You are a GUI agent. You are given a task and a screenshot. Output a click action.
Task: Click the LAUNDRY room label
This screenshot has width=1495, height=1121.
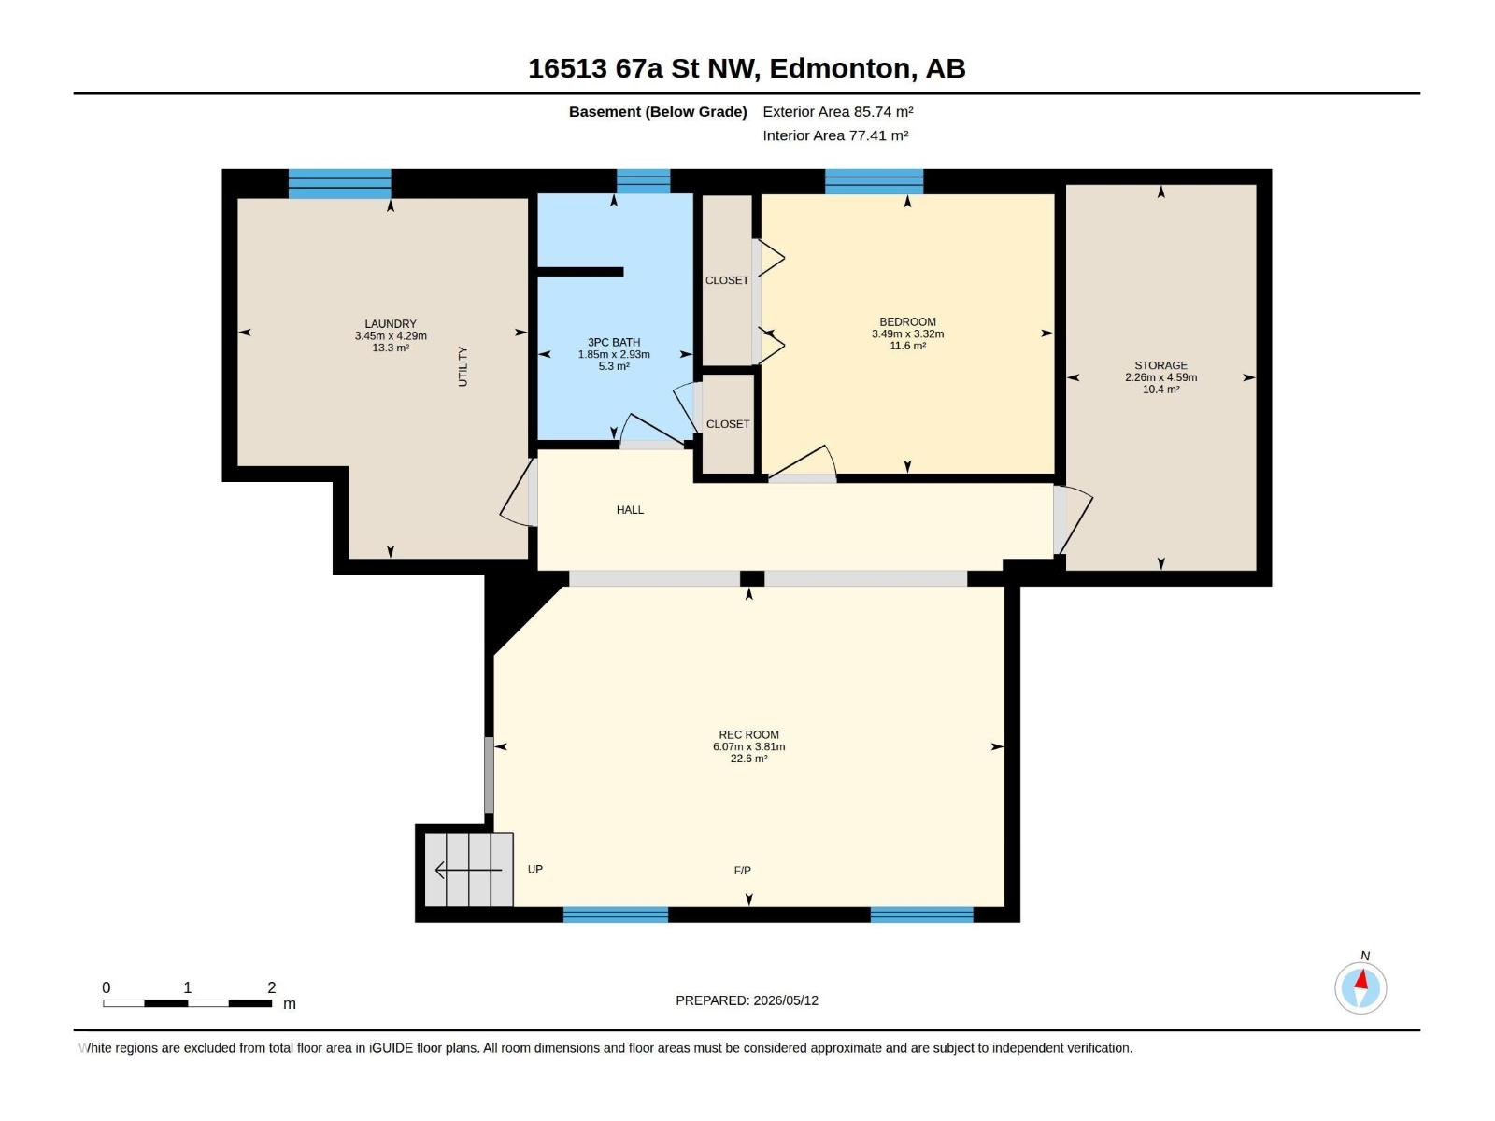[391, 324]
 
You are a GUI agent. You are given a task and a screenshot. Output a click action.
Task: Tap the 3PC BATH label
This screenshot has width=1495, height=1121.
[614, 342]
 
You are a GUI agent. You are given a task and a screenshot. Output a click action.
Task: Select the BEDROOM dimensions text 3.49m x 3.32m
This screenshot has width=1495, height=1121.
[907, 333]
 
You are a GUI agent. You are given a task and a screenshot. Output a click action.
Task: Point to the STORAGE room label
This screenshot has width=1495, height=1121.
[1160, 365]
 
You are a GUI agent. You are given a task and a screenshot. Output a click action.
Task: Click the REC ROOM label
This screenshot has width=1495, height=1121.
[748, 734]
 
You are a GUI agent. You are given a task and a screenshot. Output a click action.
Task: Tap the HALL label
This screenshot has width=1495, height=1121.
[630, 510]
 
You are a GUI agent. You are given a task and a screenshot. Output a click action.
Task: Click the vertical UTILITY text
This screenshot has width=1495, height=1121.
[463, 366]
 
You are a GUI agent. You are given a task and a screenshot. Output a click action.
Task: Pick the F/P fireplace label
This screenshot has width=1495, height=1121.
[743, 870]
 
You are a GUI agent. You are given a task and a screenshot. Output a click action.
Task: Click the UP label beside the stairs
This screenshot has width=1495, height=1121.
[535, 869]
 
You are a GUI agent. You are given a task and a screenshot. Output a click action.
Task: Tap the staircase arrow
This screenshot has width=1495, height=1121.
[469, 870]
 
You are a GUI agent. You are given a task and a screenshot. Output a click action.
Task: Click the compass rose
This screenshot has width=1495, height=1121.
[1360, 987]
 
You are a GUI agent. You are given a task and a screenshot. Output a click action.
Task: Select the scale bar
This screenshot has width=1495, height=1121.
[187, 1003]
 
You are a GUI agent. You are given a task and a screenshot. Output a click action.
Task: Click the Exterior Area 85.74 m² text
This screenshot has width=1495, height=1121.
[838, 111]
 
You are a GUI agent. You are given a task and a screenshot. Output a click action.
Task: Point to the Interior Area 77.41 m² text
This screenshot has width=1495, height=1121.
[835, 135]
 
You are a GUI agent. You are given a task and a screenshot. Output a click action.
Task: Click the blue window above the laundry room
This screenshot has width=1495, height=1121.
[340, 184]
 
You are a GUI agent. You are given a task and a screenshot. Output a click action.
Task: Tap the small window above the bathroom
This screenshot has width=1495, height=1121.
[643, 182]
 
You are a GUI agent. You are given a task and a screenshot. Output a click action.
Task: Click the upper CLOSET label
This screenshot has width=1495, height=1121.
[727, 280]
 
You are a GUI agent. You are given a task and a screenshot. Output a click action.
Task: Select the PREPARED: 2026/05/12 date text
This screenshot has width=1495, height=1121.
[747, 1000]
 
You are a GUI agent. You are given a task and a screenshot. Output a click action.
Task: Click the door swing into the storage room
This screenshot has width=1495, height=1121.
[1075, 519]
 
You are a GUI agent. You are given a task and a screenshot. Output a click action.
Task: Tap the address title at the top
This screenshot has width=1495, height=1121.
[747, 68]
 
